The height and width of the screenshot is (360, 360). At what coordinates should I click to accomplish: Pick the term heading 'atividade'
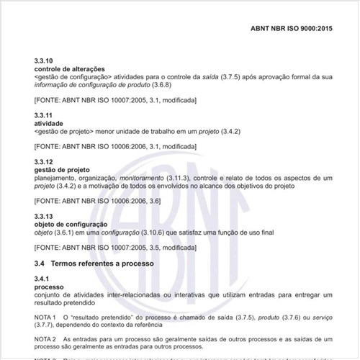[x=48, y=124]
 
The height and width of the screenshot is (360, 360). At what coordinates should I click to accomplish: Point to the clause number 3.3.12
[x=44, y=162]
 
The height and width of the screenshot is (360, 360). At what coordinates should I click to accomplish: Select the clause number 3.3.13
[x=44, y=217]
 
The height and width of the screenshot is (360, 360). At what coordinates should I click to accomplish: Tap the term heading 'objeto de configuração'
[x=66, y=225]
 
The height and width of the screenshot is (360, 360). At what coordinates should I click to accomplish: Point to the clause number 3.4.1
[x=42, y=278]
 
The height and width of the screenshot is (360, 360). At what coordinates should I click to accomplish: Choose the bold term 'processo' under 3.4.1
[x=49, y=286]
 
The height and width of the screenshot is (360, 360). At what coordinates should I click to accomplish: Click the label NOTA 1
[x=45, y=318]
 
